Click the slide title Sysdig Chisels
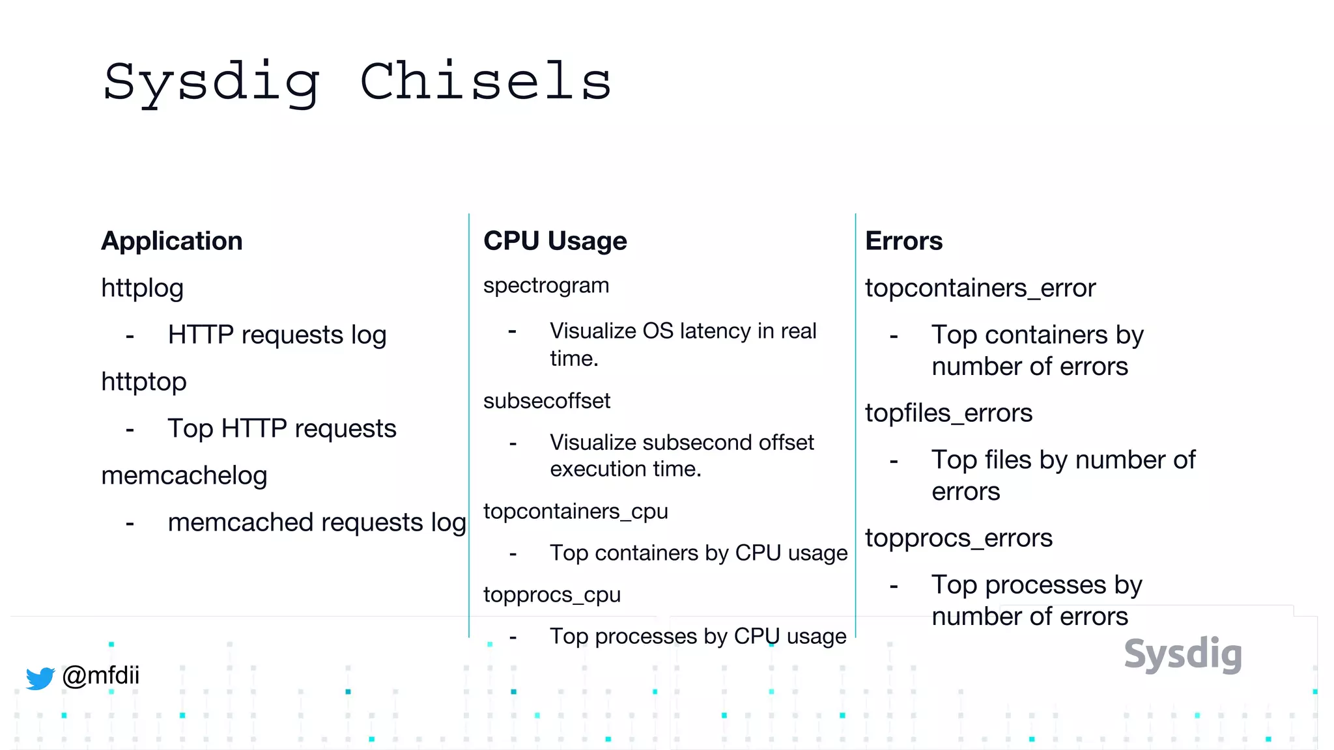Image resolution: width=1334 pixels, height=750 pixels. [357, 83]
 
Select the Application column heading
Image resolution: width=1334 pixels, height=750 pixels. [172, 241]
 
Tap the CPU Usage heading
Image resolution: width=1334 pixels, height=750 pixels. [555, 241]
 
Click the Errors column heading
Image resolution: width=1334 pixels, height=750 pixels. [903, 241]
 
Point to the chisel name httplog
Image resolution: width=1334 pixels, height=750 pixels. [142, 288]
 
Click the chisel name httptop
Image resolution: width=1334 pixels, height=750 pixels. [143, 382]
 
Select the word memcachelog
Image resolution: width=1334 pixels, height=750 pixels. [184, 475]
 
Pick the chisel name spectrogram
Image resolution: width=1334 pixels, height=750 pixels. [546, 285]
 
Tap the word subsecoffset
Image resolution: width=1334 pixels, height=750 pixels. [546, 400]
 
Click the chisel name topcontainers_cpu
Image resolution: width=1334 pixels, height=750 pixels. [575, 511]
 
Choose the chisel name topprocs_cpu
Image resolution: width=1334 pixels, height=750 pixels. [552, 594]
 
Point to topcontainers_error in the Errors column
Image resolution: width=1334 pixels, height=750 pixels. [980, 288]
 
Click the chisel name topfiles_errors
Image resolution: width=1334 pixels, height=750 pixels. [948, 413]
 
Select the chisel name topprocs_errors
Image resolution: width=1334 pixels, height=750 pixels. [958, 538]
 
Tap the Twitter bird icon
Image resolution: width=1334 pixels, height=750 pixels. [40, 678]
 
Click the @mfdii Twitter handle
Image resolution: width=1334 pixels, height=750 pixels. [100, 675]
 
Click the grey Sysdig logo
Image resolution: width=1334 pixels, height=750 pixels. [1183, 654]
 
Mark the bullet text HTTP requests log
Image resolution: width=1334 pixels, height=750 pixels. [277, 335]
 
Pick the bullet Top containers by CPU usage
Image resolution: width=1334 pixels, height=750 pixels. [698, 553]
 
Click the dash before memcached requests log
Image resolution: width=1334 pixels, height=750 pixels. [130, 523]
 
